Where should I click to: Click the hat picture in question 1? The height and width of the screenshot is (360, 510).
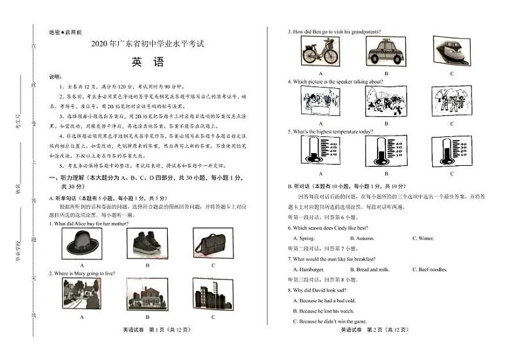click(x=82, y=243)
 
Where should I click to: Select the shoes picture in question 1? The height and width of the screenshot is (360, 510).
click(x=147, y=243)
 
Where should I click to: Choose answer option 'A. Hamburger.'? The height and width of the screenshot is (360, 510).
click(x=308, y=269)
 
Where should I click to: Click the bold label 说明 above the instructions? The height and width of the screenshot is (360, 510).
click(x=56, y=76)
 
